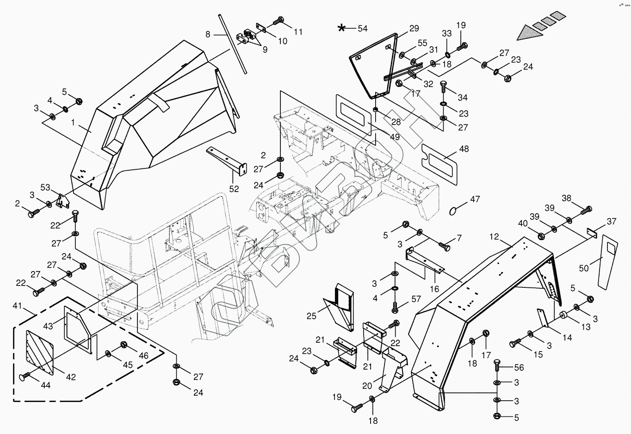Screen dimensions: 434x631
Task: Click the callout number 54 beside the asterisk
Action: coord(362,29)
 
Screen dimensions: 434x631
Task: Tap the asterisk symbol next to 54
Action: coord(341,28)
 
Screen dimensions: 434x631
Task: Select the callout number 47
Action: coord(475,199)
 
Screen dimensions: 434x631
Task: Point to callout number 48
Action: coord(464,149)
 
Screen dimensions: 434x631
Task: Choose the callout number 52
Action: coord(234,189)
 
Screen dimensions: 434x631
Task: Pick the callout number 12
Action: coord(494,237)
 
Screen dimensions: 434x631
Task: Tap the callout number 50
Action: coord(584,268)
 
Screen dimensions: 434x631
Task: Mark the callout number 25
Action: coord(311,316)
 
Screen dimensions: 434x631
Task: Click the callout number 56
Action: coord(519,367)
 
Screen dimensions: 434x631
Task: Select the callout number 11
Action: coord(298,32)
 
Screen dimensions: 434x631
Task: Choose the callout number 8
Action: coord(208,34)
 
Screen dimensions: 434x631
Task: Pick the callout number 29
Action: coord(414,29)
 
